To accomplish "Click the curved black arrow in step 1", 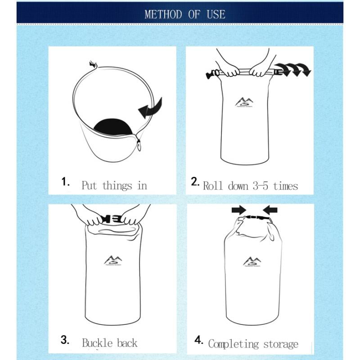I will (x=150, y=108).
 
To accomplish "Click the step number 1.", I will (x=66, y=182).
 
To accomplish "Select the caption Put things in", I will (x=114, y=185).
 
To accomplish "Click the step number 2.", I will (x=195, y=182).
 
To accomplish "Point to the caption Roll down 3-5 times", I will (x=250, y=185).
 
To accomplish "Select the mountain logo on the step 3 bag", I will (x=113, y=260).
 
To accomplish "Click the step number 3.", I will (x=65, y=340).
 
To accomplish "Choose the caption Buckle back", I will (x=109, y=343).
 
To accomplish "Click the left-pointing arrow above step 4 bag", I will (x=271, y=210).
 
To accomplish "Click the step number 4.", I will (x=199, y=340).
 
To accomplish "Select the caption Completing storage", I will (x=253, y=344).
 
